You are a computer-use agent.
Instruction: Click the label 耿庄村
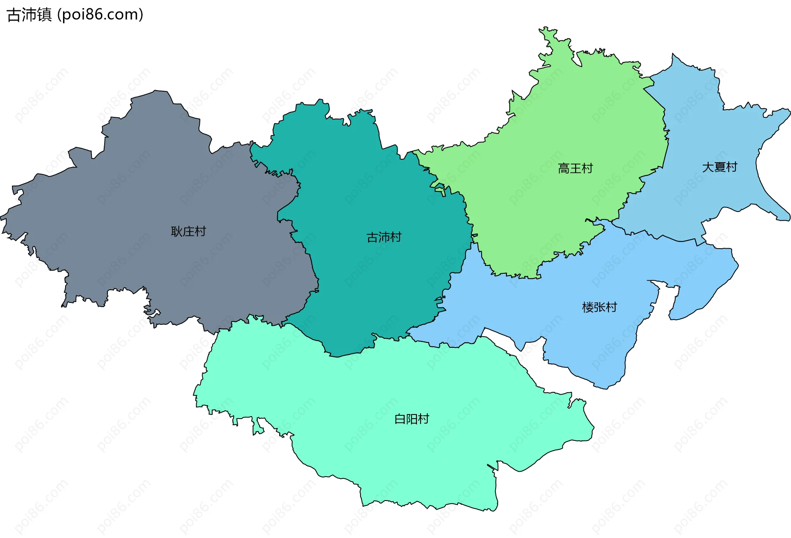click(x=188, y=231)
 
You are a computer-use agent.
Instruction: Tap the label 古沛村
click(x=384, y=237)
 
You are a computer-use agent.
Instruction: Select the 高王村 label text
click(x=575, y=168)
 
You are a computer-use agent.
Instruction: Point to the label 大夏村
click(x=719, y=167)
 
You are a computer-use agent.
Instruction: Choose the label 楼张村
click(x=599, y=307)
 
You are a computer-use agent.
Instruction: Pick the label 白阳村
click(x=412, y=419)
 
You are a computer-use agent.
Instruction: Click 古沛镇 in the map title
click(x=29, y=15)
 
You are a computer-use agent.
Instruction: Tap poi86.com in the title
click(x=100, y=15)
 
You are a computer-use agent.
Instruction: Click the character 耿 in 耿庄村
click(x=177, y=231)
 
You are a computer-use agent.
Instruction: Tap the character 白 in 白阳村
click(x=400, y=419)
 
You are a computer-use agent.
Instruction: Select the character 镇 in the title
click(x=44, y=15)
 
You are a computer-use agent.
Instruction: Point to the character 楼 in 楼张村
click(x=588, y=307)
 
